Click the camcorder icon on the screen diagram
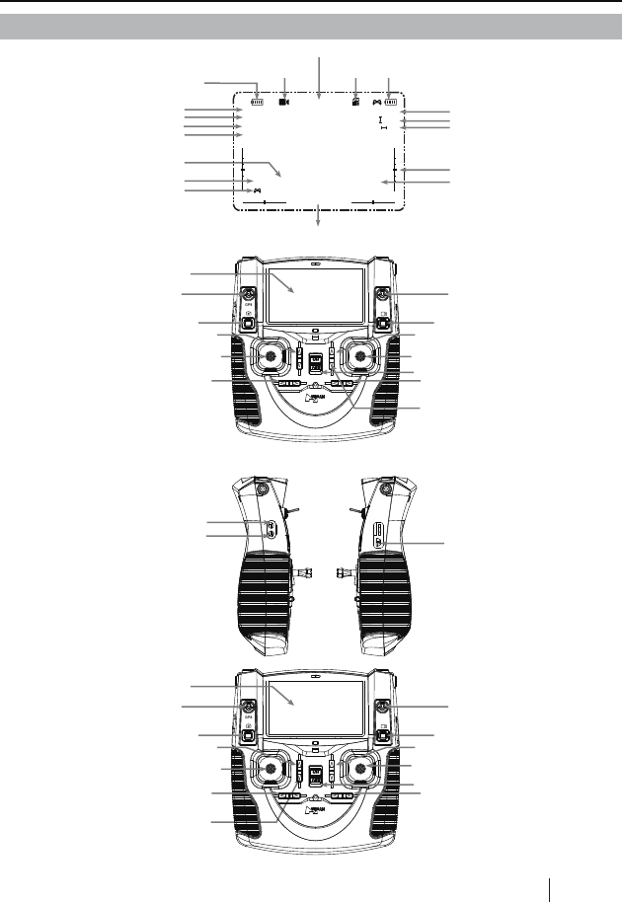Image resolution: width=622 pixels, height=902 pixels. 284,101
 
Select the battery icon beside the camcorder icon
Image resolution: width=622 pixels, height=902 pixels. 259,101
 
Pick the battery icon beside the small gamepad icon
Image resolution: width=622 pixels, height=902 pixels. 392,101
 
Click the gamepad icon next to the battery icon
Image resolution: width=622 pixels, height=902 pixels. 376,101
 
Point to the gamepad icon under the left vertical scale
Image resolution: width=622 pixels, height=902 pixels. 257,189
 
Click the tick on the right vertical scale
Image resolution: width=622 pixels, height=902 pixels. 394,170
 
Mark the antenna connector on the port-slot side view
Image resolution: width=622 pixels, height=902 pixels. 343,571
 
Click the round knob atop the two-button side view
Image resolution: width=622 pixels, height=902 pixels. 262,489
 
